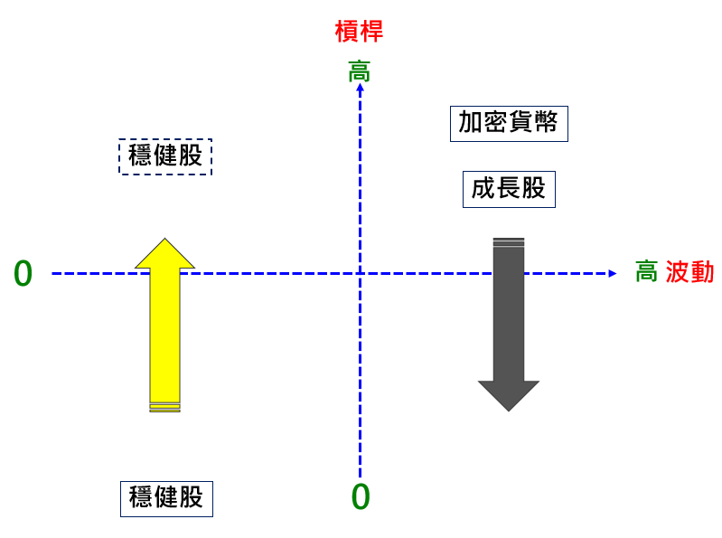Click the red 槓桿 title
[x=359, y=32]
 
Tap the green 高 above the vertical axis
[x=359, y=71]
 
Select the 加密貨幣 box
[x=508, y=123]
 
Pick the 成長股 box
[x=509, y=189]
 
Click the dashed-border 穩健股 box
[x=165, y=156]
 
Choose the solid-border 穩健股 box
[x=166, y=498]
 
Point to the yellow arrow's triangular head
[x=164, y=254]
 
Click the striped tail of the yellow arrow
[x=164, y=407]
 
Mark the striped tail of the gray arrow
[x=509, y=241]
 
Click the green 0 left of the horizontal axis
[x=23, y=274]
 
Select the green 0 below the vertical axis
[x=361, y=496]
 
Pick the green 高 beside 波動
[x=646, y=272]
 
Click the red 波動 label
[x=689, y=272]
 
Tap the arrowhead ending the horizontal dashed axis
[x=613, y=273]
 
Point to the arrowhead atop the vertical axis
[x=360, y=89]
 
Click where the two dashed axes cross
[x=360, y=273]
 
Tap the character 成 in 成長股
[x=483, y=189]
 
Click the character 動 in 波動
[x=702, y=272]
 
